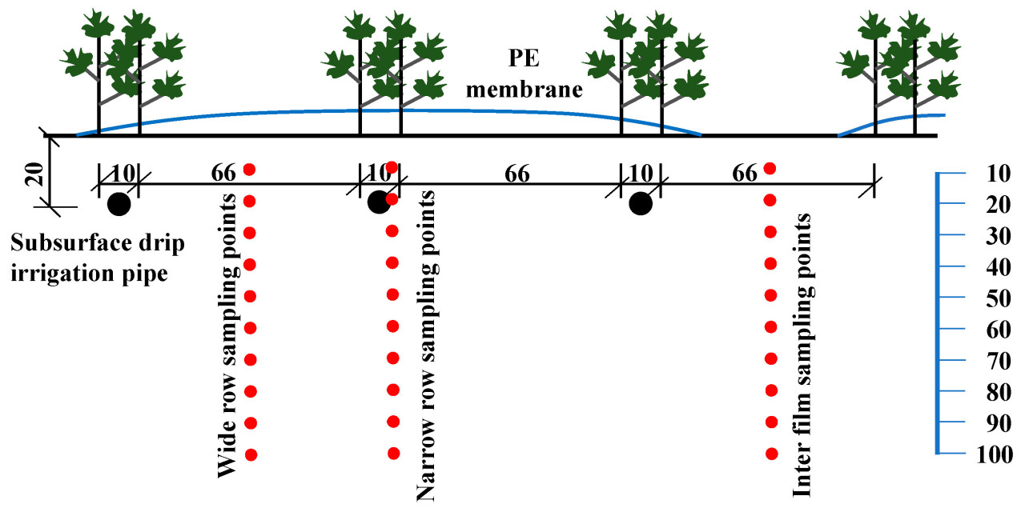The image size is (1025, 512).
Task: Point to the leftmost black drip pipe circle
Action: [119, 204]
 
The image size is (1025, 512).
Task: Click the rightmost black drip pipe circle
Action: [640, 204]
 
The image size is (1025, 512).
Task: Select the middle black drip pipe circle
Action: [378, 203]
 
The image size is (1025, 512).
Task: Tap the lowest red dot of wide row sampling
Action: [251, 454]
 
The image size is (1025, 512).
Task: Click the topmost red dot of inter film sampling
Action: [770, 168]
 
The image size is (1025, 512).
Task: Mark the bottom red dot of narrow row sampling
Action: [393, 454]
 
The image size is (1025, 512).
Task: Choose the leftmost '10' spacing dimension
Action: [119, 174]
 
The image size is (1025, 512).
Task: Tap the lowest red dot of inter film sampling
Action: [772, 454]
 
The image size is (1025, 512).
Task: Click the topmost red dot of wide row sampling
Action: [249, 169]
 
